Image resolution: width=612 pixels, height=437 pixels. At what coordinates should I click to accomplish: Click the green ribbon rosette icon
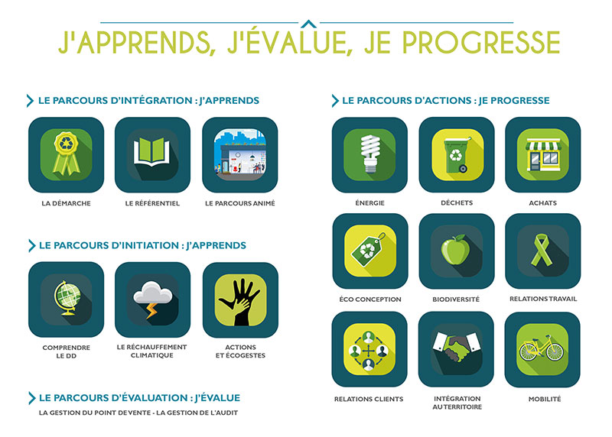pos(67,153)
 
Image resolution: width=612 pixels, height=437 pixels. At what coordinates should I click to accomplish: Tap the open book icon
pos(151,153)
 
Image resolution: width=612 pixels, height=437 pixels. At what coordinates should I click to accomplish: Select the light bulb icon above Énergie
pos(370,154)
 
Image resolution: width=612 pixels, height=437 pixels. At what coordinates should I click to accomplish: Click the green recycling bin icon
pos(457,155)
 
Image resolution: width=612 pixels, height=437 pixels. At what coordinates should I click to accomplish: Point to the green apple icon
pos(455,250)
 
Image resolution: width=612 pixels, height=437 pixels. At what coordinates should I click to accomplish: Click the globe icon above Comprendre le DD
pos(67,298)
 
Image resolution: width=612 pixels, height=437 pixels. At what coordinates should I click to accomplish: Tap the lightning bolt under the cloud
pos(151,311)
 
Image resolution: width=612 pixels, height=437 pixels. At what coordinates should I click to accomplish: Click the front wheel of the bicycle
pos(555,351)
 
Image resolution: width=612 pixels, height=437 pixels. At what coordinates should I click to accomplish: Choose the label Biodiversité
pos(456,299)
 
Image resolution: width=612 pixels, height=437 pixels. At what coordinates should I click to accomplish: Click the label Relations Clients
pos(369,400)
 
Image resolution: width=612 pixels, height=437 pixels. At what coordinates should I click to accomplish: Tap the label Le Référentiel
pos(152,203)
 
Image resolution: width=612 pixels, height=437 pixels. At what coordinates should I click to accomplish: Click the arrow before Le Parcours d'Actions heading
pos(335,101)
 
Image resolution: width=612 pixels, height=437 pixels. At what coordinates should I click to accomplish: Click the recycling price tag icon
pos(369,250)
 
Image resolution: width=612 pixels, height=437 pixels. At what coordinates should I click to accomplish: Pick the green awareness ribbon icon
pos(542,250)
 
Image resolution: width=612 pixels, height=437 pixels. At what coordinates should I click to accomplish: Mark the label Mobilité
pos(545,400)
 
